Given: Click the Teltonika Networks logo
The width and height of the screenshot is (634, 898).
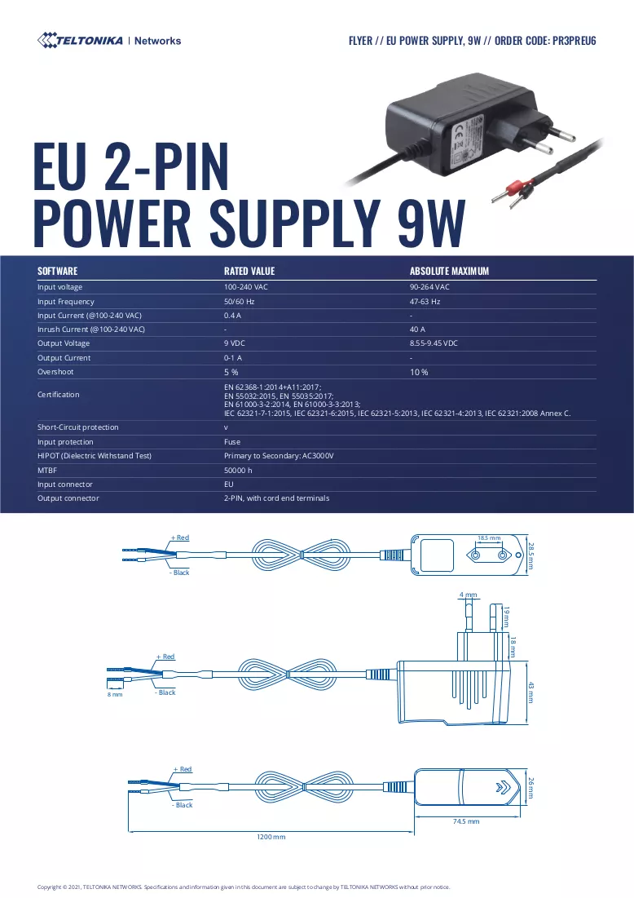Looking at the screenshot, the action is (x=108, y=41).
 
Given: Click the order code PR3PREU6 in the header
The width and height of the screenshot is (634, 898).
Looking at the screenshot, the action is (x=574, y=41).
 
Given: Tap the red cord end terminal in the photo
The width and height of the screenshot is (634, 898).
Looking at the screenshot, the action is (x=513, y=188).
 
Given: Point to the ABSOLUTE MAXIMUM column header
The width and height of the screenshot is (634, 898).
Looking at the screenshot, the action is (x=449, y=271).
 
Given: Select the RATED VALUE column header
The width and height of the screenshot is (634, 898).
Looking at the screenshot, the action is (x=249, y=271).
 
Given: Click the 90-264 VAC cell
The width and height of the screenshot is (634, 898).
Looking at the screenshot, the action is (x=429, y=287).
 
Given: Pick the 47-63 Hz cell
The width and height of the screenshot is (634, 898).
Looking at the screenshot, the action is (x=425, y=301).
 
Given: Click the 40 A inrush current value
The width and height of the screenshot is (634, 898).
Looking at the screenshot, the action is (x=417, y=330).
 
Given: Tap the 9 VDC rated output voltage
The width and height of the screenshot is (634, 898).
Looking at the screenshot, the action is (x=234, y=343).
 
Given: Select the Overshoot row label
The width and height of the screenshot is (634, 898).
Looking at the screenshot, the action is (x=55, y=372).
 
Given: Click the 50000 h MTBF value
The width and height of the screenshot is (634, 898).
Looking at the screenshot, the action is (x=238, y=470).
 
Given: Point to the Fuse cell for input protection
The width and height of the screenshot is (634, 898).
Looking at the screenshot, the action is (x=231, y=441).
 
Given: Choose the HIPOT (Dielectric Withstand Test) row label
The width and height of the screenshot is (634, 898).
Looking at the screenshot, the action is (x=95, y=456).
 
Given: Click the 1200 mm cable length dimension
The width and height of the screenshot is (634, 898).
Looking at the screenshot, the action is (x=271, y=837).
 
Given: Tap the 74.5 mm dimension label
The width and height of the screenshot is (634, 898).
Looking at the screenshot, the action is (x=466, y=821).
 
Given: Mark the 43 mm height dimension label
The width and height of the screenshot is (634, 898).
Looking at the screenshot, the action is (x=531, y=692).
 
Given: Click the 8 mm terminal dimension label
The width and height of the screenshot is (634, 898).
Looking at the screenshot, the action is (x=115, y=695).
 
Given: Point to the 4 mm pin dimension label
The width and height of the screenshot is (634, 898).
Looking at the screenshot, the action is (x=468, y=595).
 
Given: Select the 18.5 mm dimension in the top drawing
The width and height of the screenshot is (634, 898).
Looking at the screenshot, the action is (x=489, y=538).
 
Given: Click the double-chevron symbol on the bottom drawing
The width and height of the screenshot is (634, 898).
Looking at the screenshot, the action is (x=503, y=787).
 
